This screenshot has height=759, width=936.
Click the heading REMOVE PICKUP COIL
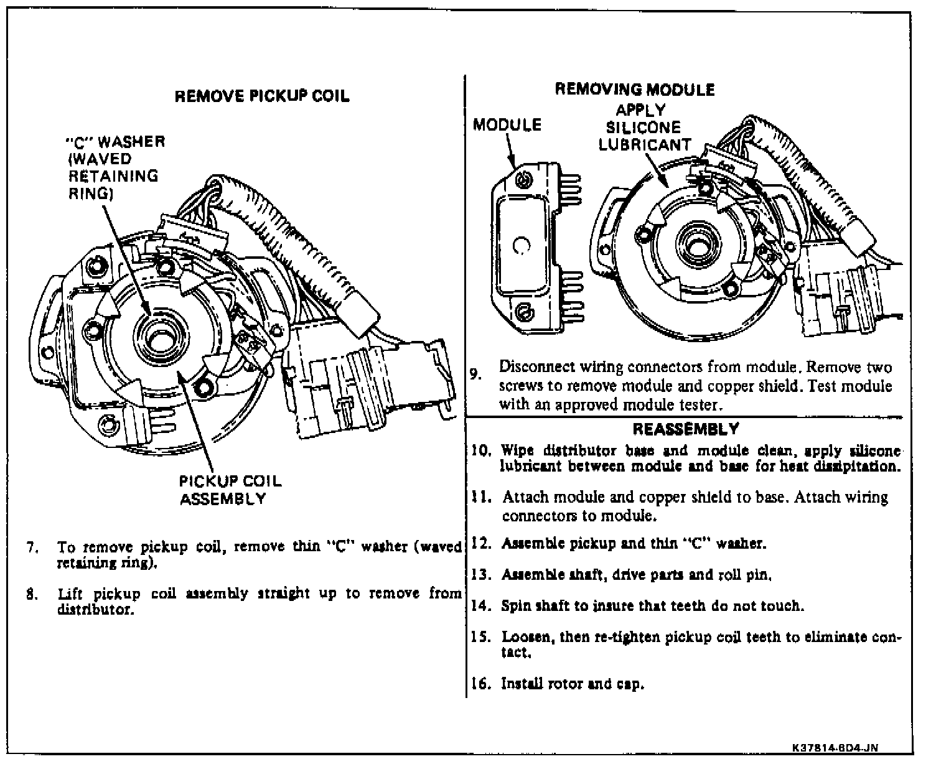(261, 96)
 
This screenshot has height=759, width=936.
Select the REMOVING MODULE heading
(634, 89)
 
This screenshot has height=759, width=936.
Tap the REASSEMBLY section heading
(685, 429)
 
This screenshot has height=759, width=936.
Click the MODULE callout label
(507, 125)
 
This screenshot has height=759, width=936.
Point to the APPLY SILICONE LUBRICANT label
(644, 128)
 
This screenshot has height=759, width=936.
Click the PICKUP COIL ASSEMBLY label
(230, 490)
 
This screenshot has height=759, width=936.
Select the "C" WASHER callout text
(115, 167)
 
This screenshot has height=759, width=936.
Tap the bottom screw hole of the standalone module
(524, 309)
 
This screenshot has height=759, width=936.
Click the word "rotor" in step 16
(564, 684)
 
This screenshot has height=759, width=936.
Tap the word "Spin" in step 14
(516, 605)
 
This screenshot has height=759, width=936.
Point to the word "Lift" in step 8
(68, 594)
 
